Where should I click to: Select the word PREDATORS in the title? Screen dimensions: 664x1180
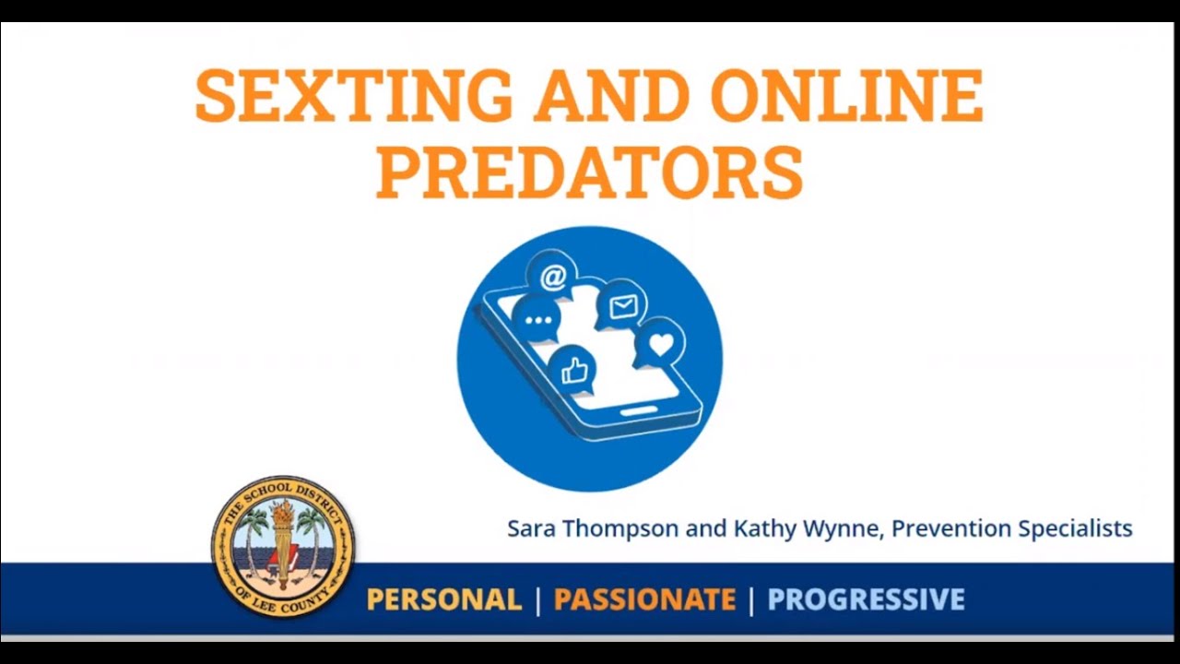coord(589,171)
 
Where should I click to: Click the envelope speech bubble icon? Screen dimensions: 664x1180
coord(622,306)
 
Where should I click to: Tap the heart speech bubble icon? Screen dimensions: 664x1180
coord(660,344)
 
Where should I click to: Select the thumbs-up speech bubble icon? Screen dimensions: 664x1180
coord(572,371)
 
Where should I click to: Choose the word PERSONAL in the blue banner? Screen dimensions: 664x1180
coord(444,600)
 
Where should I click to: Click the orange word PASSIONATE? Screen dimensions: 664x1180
coord(644,600)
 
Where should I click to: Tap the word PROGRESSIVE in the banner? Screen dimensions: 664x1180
coord(866,600)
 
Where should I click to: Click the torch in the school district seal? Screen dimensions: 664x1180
coord(282,535)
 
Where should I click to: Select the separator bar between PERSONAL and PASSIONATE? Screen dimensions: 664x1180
coord(538,600)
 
